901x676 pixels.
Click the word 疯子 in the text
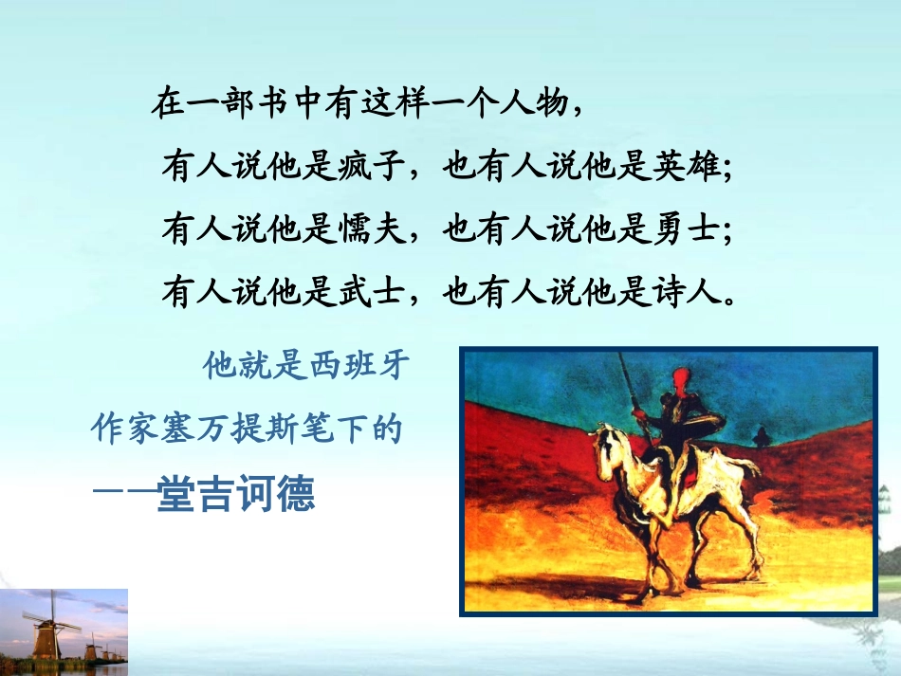pyautogui.click(x=371, y=167)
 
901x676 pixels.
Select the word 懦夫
pyautogui.click(x=371, y=229)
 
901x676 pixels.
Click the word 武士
pyautogui.click(x=371, y=292)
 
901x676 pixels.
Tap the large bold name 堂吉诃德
pyautogui.click(x=236, y=493)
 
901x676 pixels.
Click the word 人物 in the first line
pyautogui.click(x=533, y=103)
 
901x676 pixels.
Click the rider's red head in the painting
pyautogui.click(x=681, y=379)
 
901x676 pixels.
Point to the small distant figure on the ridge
pyautogui.click(x=762, y=437)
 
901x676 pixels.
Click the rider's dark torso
pyautogui.click(x=677, y=418)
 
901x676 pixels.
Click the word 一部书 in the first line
pyautogui.click(x=240, y=103)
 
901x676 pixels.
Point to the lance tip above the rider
pyautogui.click(x=619, y=356)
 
